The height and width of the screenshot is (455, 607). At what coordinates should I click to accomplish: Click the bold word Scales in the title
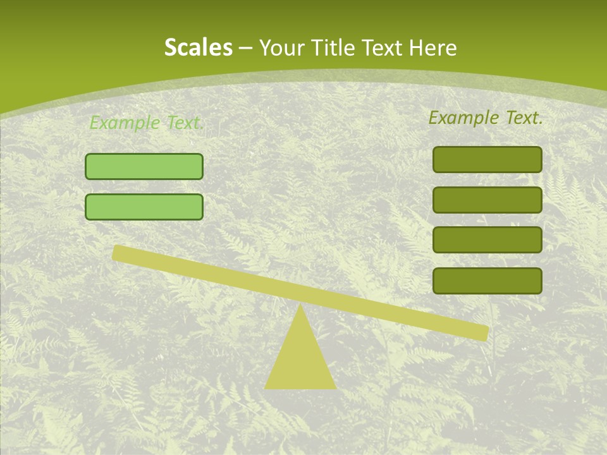point(198,47)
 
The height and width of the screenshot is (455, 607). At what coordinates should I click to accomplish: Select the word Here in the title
point(433,47)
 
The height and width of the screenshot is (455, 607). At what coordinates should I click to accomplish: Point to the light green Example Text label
point(146,123)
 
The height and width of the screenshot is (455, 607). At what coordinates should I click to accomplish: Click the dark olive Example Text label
point(485,118)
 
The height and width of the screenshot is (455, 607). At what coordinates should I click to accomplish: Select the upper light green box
point(144,166)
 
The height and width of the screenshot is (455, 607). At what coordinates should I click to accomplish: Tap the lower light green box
point(144,207)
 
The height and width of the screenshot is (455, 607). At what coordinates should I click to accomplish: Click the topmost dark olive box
point(487,159)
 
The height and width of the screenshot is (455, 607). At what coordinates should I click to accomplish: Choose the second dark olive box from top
point(487,200)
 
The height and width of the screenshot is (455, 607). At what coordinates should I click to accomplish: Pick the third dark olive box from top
point(487,240)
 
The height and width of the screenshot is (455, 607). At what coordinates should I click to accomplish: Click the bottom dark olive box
point(487,281)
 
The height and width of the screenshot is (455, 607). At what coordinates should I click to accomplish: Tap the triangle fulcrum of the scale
point(300,357)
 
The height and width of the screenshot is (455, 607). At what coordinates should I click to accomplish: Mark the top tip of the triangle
point(300,306)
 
